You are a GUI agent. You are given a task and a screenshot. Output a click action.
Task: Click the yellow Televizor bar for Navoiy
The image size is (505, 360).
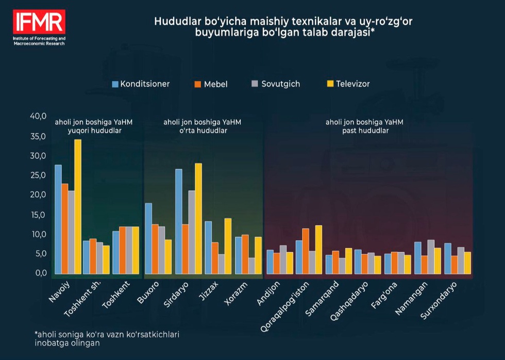78,206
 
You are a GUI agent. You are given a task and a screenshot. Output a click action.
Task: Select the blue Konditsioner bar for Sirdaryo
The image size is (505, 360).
178,221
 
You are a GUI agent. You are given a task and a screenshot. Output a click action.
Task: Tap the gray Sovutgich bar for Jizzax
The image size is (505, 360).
222,264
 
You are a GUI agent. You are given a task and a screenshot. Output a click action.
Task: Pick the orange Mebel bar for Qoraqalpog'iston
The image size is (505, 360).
306,251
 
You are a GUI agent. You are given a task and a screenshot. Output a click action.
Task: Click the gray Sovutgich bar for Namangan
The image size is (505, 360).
431,256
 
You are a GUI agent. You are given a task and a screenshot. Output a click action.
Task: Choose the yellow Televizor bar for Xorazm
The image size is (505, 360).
258,255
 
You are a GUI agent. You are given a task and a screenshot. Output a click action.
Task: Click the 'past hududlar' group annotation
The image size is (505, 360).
364,131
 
